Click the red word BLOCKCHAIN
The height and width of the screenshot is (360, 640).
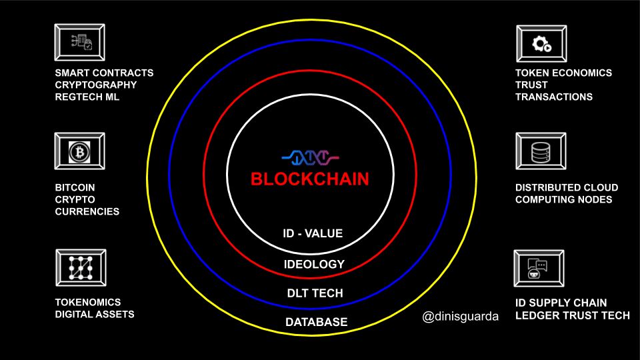[310, 179]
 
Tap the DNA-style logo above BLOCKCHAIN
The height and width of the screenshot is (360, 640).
[310, 157]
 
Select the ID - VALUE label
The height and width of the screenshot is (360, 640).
[313, 233]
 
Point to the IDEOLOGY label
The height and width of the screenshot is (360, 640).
[314, 264]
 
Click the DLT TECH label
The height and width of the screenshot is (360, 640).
[315, 293]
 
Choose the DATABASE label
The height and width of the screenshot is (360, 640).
[316, 322]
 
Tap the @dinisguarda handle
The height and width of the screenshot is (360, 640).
[461, 316]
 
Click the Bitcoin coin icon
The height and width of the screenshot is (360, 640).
[79, 152]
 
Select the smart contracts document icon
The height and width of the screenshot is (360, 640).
[81, 42]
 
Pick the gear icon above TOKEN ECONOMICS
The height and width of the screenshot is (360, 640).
[541, 44]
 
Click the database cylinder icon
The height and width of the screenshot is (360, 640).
[541, 152]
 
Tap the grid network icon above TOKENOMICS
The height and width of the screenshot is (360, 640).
[81, 268]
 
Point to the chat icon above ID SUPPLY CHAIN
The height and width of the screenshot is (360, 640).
[537, 269]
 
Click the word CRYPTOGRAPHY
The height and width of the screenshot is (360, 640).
[96, 85]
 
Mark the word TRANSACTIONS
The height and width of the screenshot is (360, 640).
[554, 97]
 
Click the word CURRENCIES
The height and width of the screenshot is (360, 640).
[87, 212]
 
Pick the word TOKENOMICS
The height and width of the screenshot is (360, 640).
[88, 303]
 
